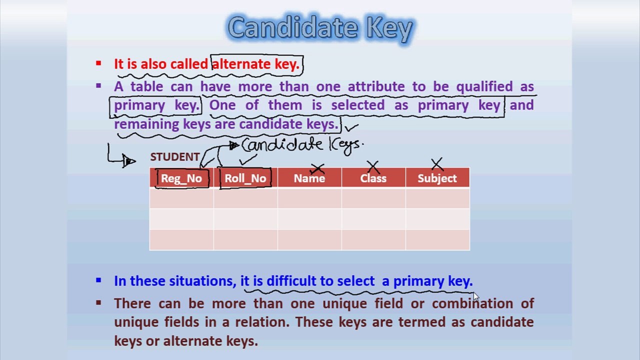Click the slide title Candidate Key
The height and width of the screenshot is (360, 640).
(x=320, y=28)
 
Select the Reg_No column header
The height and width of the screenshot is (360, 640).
(x=181, y=178)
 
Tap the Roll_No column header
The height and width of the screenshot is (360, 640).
(x=245, y=178)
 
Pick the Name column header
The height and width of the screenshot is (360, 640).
(x=309, y=178)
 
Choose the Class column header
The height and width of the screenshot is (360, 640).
(x=373, y=178)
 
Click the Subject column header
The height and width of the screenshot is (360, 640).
(x=437, y=178)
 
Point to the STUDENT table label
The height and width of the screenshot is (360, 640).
(x=174, y=157)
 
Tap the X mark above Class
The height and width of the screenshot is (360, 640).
(x=373, y=165)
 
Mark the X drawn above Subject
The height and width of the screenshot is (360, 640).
(x=436, y=164)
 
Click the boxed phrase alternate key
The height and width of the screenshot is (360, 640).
(x=255, y=64)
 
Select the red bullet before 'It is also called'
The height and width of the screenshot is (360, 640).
(x=98, y=63)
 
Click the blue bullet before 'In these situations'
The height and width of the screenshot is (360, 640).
(x=98, y=280)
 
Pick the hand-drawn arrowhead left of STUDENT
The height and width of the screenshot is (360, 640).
(x=129, y=161)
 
